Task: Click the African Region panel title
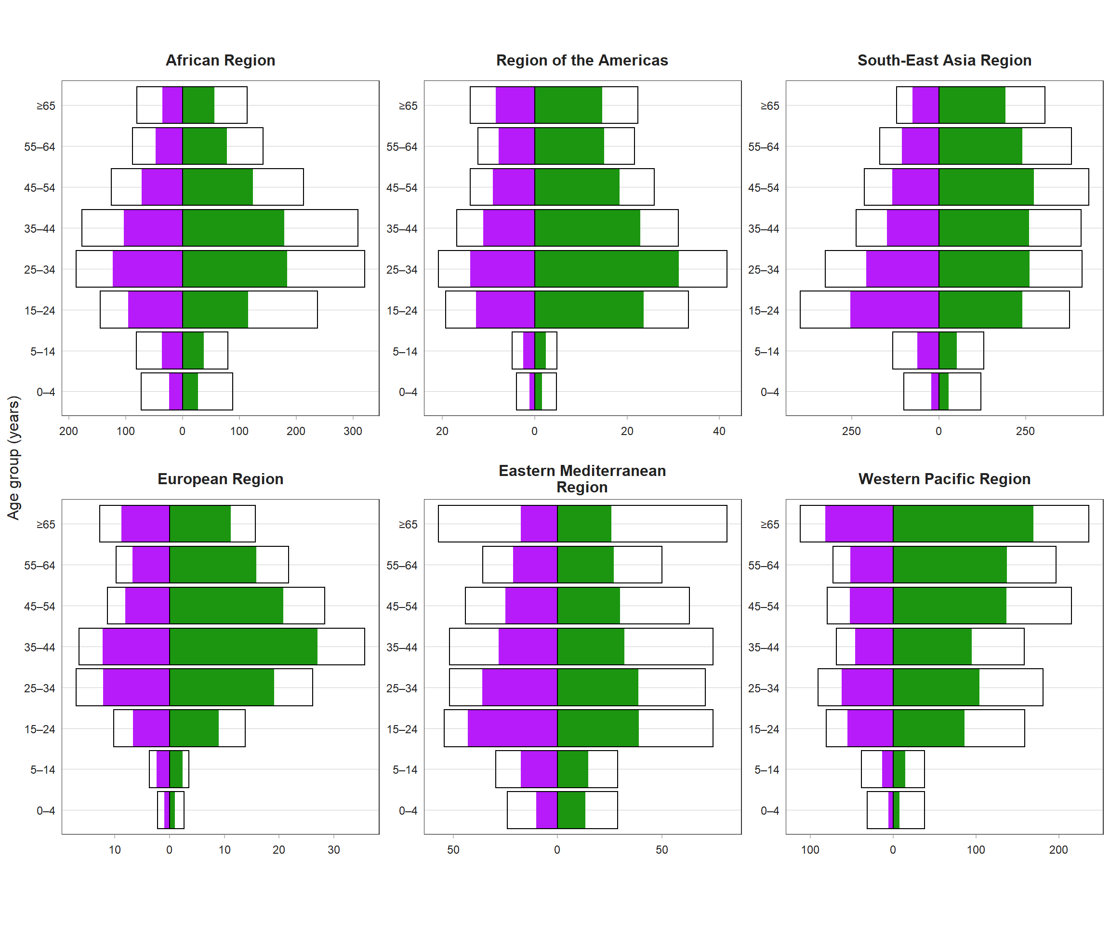point(221,60)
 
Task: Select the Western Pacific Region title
point(944,479)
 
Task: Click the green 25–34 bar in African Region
point(235,269)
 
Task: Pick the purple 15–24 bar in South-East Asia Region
point(894,310)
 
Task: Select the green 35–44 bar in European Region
point(243,647)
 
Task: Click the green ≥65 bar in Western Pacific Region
point(963,524)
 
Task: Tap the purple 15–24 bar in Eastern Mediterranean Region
point(512,728)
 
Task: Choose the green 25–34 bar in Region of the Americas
point(606,269)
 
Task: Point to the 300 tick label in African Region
point(353,431)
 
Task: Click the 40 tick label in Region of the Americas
point(719,431)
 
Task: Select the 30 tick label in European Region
point(333,850)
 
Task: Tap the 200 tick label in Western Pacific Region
point(1058,850)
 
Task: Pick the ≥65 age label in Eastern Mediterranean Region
point(408,524)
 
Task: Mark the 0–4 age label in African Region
point(45,392)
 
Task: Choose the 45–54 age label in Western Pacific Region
point(763,606)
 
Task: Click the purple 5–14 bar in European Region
point(163,769)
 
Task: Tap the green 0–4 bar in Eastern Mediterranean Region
point(571,810)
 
